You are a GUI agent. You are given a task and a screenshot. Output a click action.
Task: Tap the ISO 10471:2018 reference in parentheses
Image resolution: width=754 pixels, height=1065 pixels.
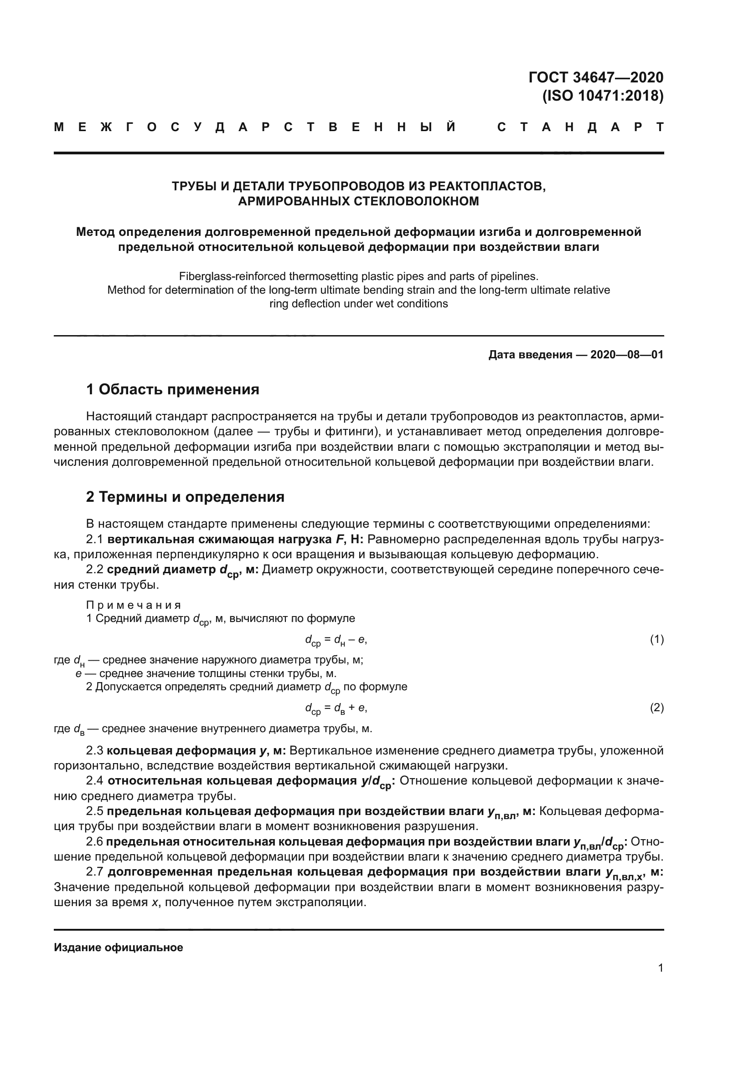click(x=603, y=96)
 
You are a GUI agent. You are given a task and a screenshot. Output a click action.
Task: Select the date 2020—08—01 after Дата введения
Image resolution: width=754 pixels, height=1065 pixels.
click(x=626, y=355)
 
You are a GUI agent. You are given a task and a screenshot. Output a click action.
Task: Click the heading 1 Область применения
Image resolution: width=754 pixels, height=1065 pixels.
click(x=173, y=389)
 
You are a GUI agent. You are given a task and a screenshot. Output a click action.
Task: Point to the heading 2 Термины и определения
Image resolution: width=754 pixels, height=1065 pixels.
click(x=185, y=497)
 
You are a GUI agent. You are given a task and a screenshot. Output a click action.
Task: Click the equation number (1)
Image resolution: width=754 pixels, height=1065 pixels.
click(x=656, y=640)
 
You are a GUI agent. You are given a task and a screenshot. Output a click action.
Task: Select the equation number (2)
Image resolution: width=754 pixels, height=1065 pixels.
click(x=656, y=708)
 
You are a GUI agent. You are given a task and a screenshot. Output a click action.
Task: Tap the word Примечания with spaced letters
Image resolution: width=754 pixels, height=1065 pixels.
click(x=133, y=605)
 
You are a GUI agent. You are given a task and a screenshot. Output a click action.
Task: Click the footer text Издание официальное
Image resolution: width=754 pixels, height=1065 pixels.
click(x=119, y=948)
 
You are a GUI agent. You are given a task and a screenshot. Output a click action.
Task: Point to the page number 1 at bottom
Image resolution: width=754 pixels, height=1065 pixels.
click(x=661, y=968)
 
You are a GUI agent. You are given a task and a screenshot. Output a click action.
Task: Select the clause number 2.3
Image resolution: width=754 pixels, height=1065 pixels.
click(x=94, y=750)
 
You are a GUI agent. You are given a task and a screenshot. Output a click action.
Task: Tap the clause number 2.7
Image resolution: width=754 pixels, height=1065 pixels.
click(x=94, y=872)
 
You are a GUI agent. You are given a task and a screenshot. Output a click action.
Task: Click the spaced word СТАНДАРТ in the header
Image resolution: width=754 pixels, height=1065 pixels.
click(x=580, y=127)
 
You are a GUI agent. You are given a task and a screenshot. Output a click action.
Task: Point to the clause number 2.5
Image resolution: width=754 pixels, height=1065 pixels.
click(x=94, y=811)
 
